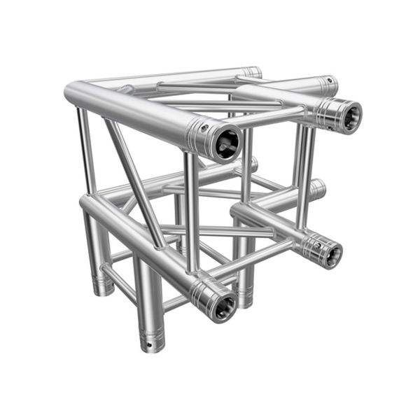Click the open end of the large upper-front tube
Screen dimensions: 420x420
click(225, 143)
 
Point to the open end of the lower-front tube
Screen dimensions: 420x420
click(222, 306)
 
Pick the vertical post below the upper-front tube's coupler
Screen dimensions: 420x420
click(191, 210)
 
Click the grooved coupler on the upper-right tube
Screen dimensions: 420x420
click(325, 108)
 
